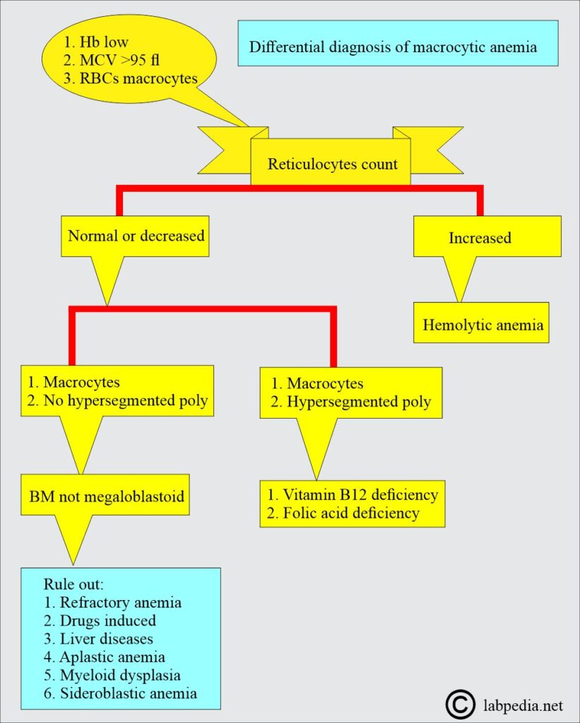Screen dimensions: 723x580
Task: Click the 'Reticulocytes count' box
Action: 331,165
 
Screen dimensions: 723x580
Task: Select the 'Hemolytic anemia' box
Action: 483,325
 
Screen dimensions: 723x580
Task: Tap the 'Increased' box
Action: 480,238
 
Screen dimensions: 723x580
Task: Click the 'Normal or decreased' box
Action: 136,235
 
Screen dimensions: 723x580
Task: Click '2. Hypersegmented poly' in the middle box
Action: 351,402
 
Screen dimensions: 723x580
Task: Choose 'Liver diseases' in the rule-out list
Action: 98,639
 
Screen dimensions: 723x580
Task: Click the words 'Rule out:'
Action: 73,585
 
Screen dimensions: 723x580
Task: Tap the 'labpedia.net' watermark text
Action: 523,704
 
